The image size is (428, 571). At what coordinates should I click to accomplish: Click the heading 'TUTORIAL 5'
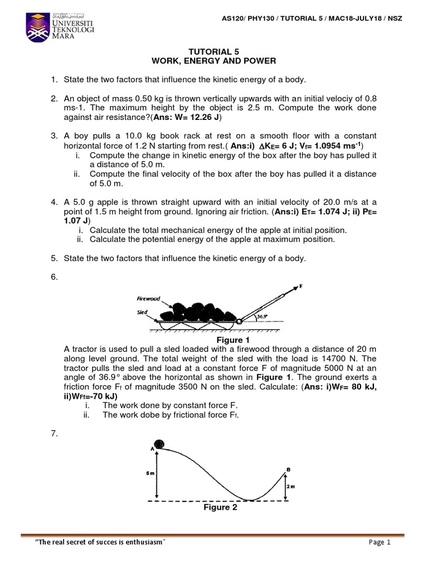pyautogui.click(x=215, y=51)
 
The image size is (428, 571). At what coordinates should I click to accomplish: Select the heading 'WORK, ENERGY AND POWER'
pyautogui.click(x=215, y=61)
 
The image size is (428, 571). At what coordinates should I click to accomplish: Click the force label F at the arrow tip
pyautogui.click(x=301, y=286)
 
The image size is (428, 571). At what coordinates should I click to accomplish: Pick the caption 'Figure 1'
pyautogui.click(x=229, y=340)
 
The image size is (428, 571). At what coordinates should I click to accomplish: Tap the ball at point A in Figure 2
pyautogui.click(x=160, y=444)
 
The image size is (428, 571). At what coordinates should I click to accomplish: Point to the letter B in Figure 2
pyautogui.click(x=288, y=470)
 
